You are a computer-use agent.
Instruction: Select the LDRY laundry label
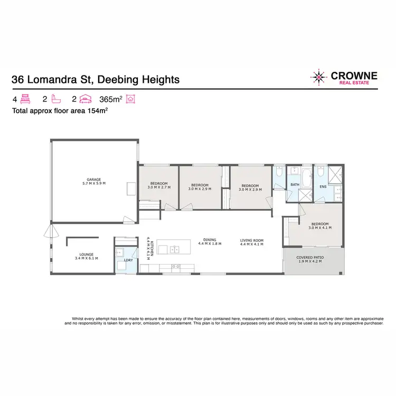[127, 260]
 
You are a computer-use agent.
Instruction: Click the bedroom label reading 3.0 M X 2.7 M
[157, 186]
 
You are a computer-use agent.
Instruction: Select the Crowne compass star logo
[319, 78]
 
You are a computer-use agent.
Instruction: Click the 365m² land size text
[111, 99]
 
